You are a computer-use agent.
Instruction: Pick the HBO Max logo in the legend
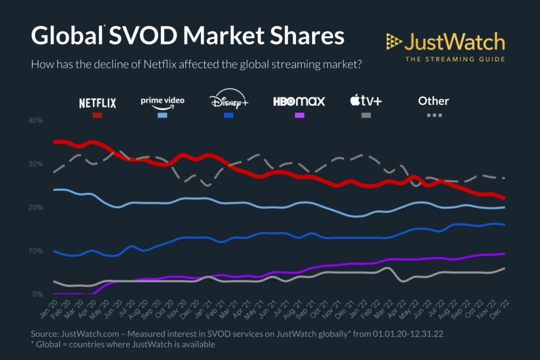tap(298, 101)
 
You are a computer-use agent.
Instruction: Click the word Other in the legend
tap(433, 100)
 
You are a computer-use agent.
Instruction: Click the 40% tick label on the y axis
tap(36, 121)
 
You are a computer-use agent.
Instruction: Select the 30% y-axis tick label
tap(36, 164)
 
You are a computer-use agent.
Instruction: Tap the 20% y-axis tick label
tap(36, 207)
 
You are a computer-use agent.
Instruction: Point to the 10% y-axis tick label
tap(36, 250)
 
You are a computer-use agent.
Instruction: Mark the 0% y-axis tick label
tap(37, 294)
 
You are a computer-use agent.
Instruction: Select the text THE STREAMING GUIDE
tap(455, 59)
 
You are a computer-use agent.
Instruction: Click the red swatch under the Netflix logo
tap(98, 115)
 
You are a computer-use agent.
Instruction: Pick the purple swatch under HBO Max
tap(298, 115)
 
